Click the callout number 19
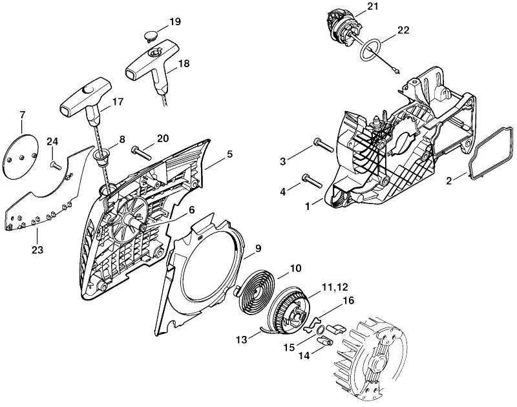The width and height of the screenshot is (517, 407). (175, 22)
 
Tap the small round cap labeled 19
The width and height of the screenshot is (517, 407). (151, 36)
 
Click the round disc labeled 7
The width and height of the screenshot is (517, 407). (22, 156)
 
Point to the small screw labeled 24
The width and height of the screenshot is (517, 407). (56, 165)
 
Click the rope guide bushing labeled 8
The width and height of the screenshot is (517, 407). (102, 156)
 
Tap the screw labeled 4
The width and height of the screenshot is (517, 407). (311, 181)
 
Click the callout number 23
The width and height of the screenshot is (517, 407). (37, 250)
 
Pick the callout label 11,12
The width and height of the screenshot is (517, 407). (335, 287)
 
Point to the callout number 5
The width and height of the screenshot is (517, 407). (229, 154)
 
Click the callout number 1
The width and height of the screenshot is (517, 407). (308, 207)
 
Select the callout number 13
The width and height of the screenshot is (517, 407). (242, 339)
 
